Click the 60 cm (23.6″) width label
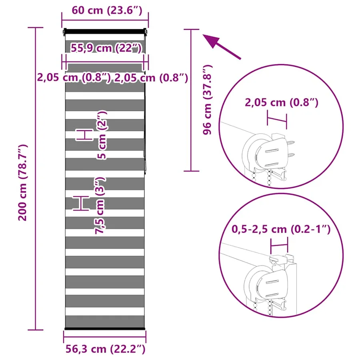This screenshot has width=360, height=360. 107,10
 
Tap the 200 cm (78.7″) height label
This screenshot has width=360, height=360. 23,183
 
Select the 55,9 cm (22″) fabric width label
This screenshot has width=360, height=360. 106,48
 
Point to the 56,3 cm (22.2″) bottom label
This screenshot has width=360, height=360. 105,349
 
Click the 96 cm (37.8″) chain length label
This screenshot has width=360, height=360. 207,100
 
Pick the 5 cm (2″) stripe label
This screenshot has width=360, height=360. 102,135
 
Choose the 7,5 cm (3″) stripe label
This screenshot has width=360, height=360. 100,206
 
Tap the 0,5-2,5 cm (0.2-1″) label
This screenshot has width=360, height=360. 281,229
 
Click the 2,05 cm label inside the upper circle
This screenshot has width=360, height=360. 282,102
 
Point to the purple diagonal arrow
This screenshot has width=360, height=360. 222,47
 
